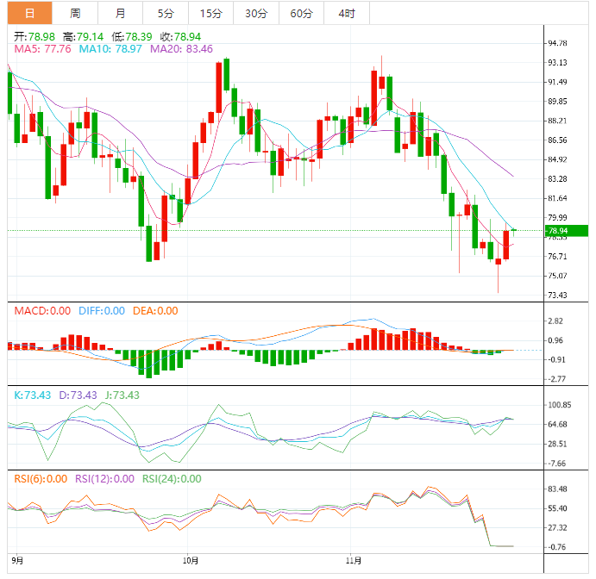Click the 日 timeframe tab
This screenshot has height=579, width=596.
(29, 13)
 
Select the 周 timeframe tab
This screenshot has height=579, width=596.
(75, 13)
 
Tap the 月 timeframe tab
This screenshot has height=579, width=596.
(120, 13)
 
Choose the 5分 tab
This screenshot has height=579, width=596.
(165, 13)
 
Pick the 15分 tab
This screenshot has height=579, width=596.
(210, 13)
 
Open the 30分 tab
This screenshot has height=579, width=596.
(255, 13)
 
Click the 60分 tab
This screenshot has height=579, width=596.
(301, 13)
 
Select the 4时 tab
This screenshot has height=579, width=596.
(346, 13)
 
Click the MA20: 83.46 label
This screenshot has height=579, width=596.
(181, 49)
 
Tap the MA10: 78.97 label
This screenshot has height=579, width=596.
(110, 49)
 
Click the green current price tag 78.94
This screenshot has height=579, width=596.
(568, 230)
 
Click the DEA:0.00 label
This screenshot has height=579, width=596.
(155, 311)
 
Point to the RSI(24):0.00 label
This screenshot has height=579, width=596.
(172, 479)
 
